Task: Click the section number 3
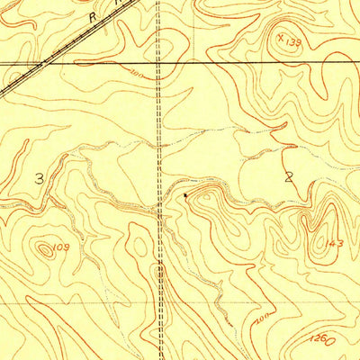(x=39, y=178)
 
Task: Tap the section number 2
(x=289, y=177)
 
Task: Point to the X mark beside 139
(x=281, y=38)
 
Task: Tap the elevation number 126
(x=328, y=341)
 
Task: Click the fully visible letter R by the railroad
(x=92, y=17)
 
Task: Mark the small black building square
(x=185, y=193)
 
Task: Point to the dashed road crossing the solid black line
(x=159, y=62)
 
